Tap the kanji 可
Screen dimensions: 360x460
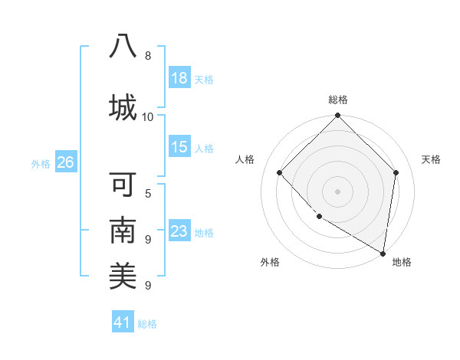pyautogui.click(x=123, y=186)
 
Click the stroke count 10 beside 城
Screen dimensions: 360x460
pyautogui.click(x=148, y=116)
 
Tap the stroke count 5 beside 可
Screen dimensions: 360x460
pyautogui.click(x=148, y=193)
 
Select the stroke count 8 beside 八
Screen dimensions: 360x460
pyautogui.click(x=148, y=56)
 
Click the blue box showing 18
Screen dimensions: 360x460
pyautogui.click(x=179, y=78)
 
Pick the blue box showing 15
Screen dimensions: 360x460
pyautogui.click(x=179, y=147)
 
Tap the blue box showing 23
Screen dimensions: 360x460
pyautogui.click(x=179, y=231)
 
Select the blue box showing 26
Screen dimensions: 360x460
pyautogui.click(x=65, y=162)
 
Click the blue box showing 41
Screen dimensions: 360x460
pyautogui.click(x=123, y=322)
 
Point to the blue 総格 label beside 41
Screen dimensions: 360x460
pyautogui.click(x=147, y=324)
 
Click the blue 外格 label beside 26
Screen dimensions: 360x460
pyautogui.click(x=41, y=163)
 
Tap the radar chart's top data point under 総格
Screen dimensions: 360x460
pyautogui.click(x=337, y=116)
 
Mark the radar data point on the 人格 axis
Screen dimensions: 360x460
pyautogui.click(x=280, y=173)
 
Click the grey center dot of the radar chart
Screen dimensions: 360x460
pyautogui.click(x=337, y=191)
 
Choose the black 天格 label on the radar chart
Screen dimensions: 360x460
pyautogui.click(x=431, y=159)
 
